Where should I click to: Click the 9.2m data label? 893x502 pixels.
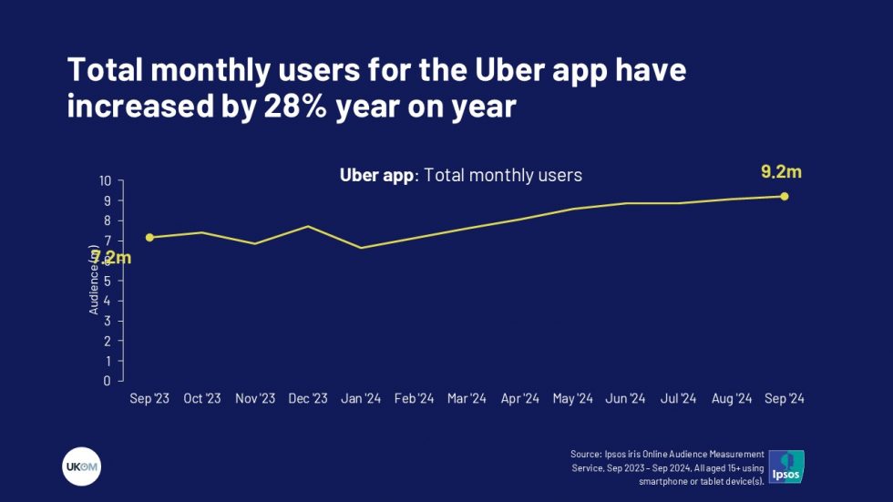click(x=781, y=171)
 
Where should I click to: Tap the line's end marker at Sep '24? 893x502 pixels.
click(x=785, y=196)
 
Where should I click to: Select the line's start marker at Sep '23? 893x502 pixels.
click(x=149, y=237)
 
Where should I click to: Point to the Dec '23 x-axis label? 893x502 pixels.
click(x=308, y=398)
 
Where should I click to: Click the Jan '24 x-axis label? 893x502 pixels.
click(x=361, y=398)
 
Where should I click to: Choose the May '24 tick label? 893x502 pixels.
click(x=573, y=398)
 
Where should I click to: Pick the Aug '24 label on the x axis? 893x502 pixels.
click(x=732, y=398)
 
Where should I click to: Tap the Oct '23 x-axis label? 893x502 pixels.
click(x=202, y=398)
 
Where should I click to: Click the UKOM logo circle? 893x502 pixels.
click(x=81, y=467)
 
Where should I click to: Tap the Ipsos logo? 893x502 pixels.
click(x=786, y=466)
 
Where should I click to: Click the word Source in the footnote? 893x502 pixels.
click(x=586, y=453)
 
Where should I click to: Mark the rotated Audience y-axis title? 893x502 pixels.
click(x=94, y=282)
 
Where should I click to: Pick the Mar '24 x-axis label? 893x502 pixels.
click(x=467, y=398)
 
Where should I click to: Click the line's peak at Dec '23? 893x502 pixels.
click(x=308, y=226)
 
